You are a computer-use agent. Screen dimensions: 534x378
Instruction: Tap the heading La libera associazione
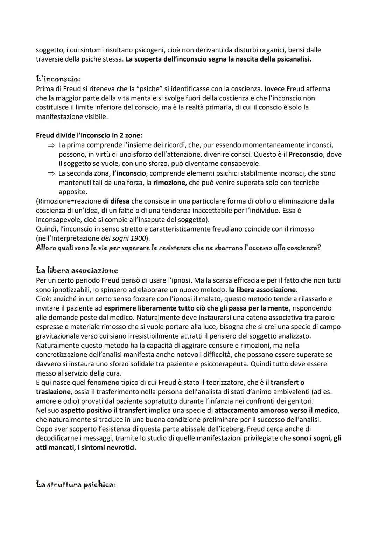tap(77, 270)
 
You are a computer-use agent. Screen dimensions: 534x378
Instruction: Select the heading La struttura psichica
tap(76, 485)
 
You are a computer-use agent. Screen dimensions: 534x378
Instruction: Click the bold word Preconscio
tap(306, 154)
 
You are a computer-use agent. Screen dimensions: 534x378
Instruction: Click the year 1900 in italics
tap(140, 238)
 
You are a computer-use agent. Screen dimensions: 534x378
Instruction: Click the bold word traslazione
tap(53, 392)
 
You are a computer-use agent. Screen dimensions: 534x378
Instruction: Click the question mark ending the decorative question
tap(319, 248)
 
